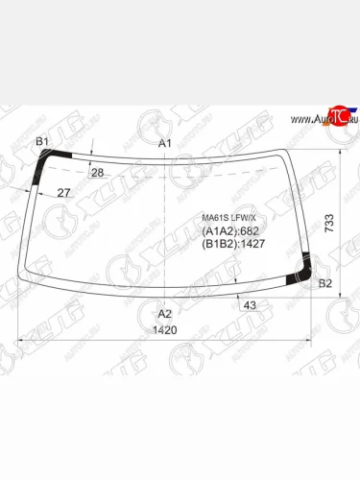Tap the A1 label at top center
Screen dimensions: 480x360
tap(164, 143)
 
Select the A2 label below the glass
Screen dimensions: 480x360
tap(164, 314)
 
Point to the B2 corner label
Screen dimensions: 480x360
tap(324, 284)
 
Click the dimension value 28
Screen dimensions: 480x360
tap(96, 173)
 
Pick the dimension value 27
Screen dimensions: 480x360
tap(63, 194)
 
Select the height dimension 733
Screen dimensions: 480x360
tap(328, 224)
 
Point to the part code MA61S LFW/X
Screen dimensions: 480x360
tap(227, 217)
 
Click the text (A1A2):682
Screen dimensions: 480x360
tap(229, 231)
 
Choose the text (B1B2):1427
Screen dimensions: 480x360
tap(232, 244)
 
